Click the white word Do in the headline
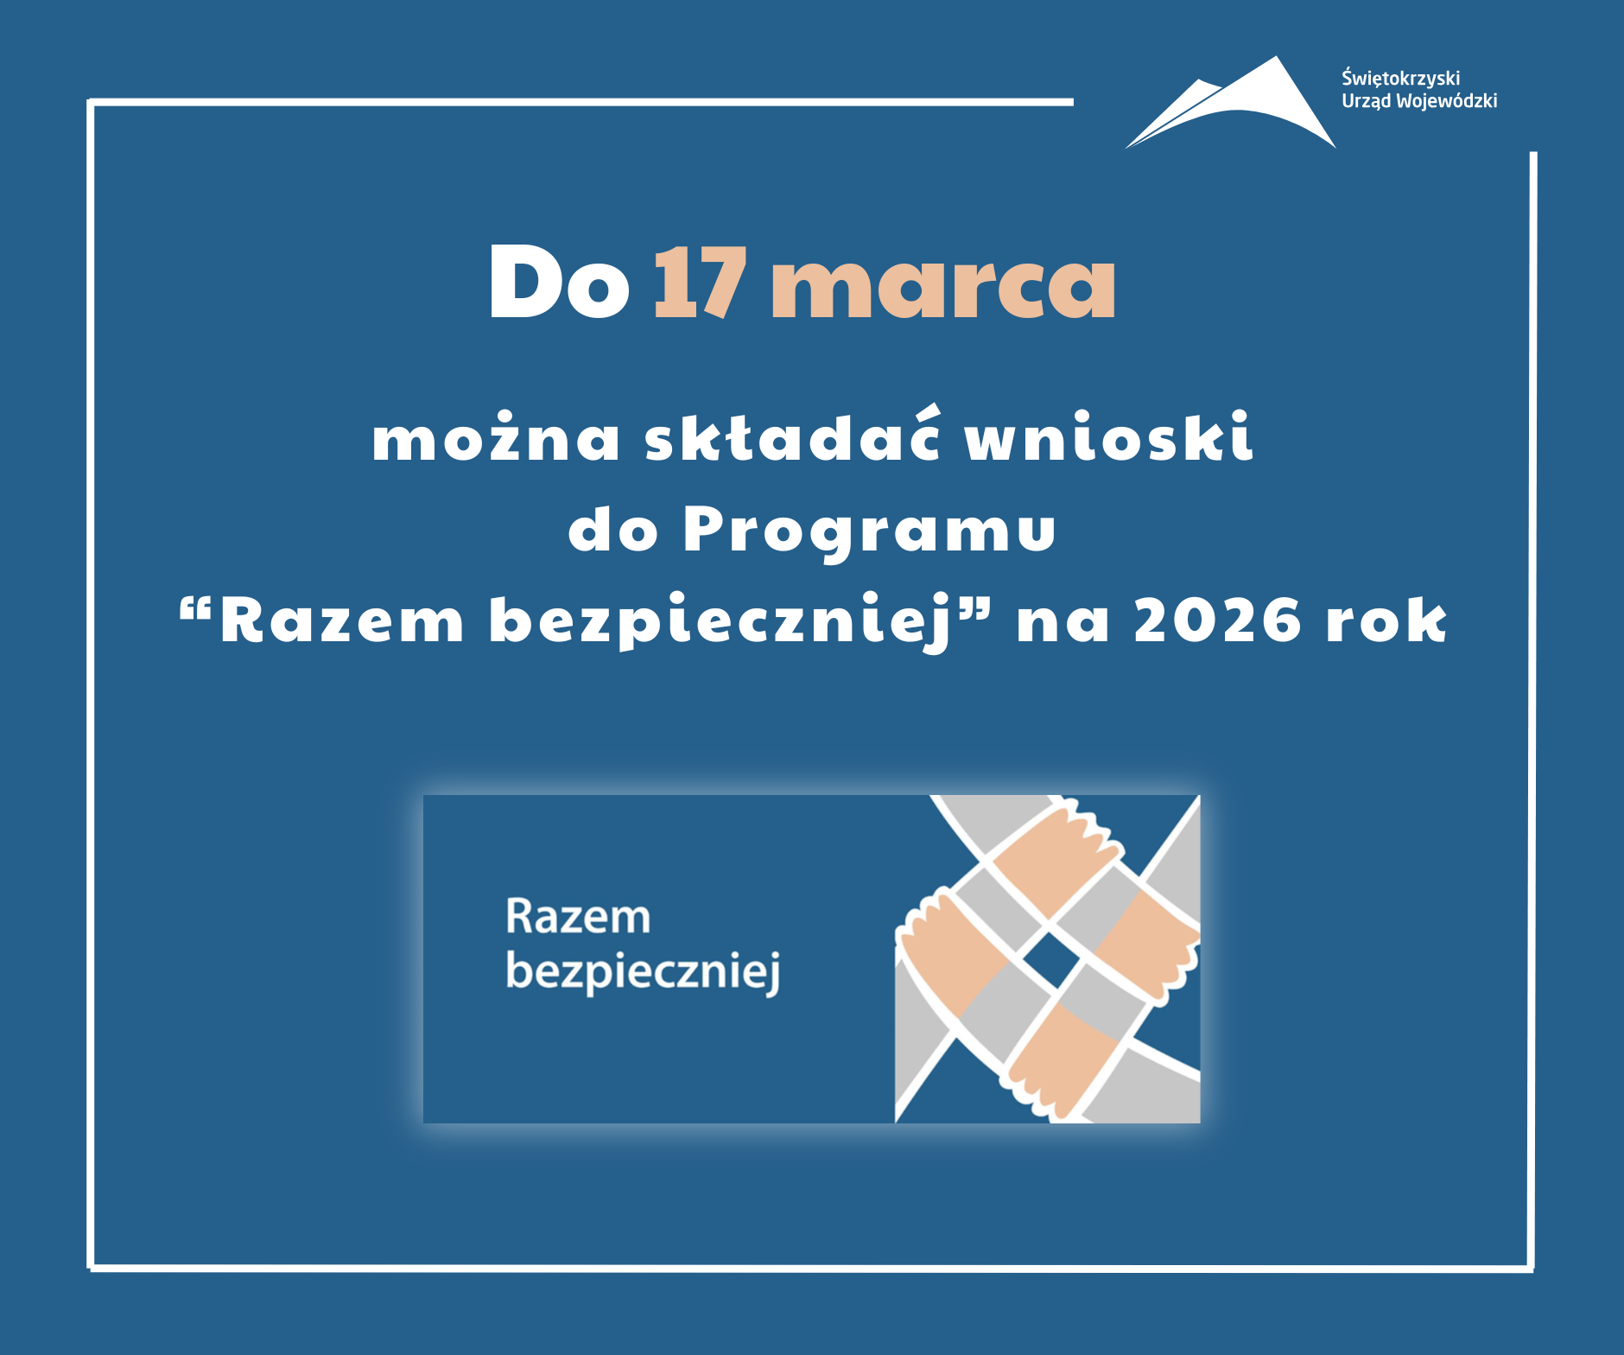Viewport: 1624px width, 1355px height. click(559, 282)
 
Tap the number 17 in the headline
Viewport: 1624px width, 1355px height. click(700, 282)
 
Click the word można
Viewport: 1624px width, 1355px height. click(496, 436)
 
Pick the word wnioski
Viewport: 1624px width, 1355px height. click(1108, 436)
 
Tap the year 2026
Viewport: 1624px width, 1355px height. click(1216, 620)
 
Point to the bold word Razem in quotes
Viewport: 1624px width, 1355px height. click(342, 620)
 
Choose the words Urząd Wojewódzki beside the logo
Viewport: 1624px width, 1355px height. click(1419, 101)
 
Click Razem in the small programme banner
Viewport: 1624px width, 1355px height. click(578, 917)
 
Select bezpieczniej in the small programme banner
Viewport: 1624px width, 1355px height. click(643, 971)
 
